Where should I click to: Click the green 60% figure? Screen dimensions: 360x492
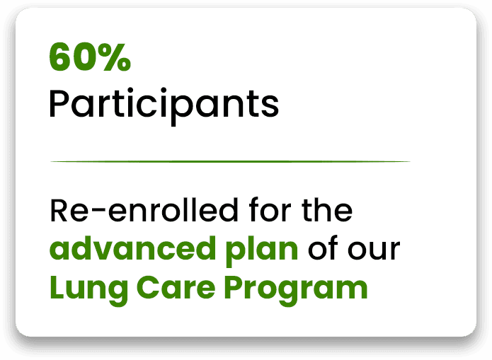pos(90,59)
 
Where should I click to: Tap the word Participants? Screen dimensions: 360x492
pos(164,105)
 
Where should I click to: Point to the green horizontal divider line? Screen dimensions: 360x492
pos(230,161)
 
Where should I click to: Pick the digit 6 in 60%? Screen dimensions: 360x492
pos(59,59)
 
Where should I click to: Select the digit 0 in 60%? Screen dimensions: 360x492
pos(82,59)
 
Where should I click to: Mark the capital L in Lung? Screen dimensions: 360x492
pos(55,287)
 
